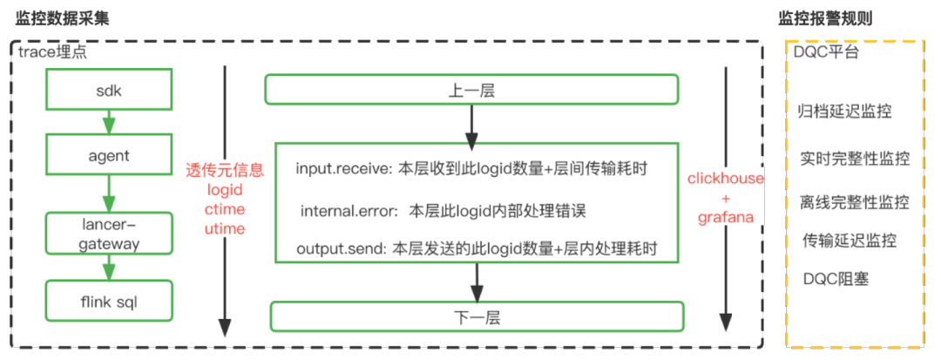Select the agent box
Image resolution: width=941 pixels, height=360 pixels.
pos(108,156)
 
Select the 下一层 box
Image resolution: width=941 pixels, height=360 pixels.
pos(475,316)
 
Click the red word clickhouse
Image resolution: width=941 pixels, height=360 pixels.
pos(726,179)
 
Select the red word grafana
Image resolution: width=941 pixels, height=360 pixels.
pos(725,217)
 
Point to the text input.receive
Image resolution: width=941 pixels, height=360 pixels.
pos(344,170)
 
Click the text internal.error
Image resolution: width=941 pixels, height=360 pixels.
pos(349,211)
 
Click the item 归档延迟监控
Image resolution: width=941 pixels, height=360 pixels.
pos(844,112)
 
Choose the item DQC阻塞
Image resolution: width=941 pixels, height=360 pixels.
pos(836,279)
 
